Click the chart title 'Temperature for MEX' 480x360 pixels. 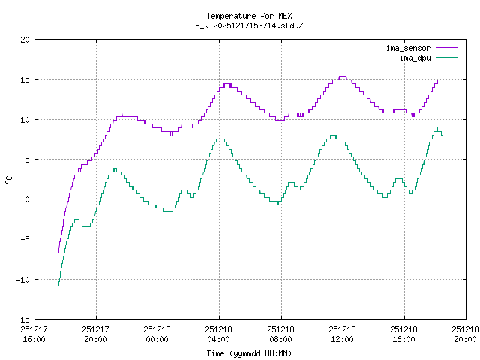coord(249,16)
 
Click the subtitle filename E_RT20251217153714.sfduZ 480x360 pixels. coord(249,25)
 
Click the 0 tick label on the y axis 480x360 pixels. coord(27,199)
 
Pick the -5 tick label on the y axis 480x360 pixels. coord(24,239)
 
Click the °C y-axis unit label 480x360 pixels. coord(8,179)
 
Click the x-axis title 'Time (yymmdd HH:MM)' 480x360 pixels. coord(249,353)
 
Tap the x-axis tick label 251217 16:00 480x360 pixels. coord(34,334)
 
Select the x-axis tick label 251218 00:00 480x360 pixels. coord(157,334)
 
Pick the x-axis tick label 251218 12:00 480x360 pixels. coord(343,334)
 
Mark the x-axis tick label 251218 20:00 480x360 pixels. coord(466,334)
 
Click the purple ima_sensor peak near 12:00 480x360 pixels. coord(342,76)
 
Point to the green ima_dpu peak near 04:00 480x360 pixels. coord(220,139)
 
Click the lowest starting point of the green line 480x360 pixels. coord(58,288)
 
